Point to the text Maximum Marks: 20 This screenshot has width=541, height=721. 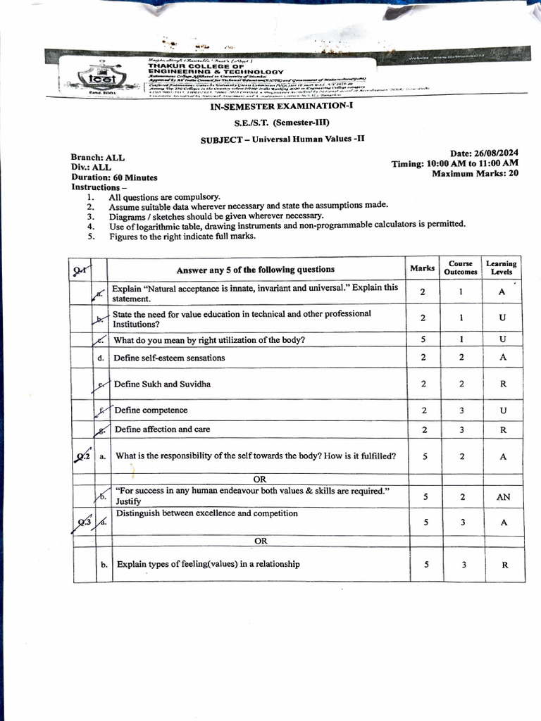click(475, 173)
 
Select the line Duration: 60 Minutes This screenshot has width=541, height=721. click(114, 177)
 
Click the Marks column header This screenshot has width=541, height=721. click(423, 268)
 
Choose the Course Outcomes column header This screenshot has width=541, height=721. click(461, 268)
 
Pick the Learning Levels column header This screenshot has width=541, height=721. click(502, 268)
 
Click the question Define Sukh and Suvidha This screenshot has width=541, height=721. click(162, 384)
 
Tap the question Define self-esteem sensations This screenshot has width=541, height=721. click(170, 358)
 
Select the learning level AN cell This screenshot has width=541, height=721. click(502, 496)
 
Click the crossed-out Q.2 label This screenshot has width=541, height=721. click(83, 456)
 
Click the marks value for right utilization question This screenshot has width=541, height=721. click(423, 339)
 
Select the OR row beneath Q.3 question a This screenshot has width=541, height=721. click(261, 541)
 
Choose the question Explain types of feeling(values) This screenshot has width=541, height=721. click(208, 564)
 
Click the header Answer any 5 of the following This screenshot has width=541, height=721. click(255, 269)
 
